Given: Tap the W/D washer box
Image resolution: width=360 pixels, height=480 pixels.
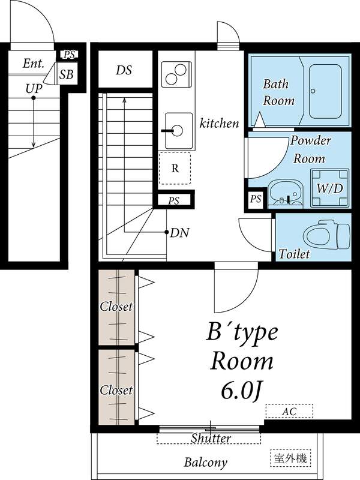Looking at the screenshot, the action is pos(329,188).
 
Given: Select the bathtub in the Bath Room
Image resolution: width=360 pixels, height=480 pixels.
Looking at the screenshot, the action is pos(325,91).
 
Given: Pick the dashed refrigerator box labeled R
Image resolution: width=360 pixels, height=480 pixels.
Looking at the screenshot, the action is pos(175,169).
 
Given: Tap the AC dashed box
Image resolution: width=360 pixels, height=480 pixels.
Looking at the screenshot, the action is pos(289,411).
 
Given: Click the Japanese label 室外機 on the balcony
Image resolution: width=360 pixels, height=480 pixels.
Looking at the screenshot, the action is pos(290,458).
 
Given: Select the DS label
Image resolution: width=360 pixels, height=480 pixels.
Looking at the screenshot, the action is pos(124,70).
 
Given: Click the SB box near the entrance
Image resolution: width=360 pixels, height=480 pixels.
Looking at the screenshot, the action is pos(66,74).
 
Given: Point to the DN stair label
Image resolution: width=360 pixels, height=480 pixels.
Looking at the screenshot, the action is pos(179,233).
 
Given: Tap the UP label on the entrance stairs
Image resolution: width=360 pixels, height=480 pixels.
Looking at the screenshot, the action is pos(34,89).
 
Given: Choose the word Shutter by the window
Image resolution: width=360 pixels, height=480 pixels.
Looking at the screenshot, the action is pos(211,439).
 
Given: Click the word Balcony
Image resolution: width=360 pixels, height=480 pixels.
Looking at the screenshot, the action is pos(206,462).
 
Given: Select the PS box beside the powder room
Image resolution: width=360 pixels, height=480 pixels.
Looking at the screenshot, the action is pos(256,199).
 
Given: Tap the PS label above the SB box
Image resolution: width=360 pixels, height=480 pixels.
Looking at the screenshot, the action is pos(69,55).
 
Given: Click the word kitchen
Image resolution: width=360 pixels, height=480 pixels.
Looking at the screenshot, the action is pos(219,123).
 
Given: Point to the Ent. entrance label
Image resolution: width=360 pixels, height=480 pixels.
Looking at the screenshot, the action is pos(34,64).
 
